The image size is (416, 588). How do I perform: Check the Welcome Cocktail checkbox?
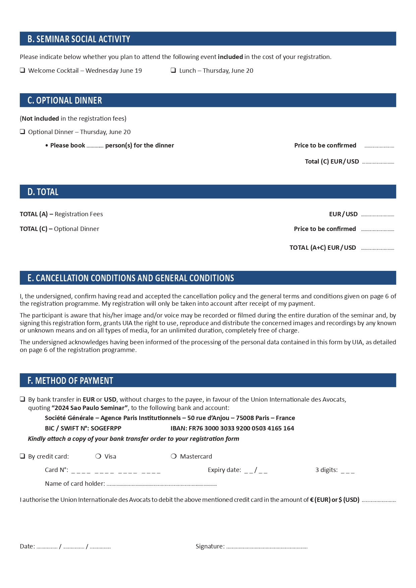click(x=22, y=70)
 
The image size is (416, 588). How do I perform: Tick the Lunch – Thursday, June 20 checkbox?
click(x=173, y=70)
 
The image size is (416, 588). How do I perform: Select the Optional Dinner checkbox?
click(x=22, y=132)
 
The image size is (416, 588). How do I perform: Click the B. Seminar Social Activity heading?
click(x=79, y=39)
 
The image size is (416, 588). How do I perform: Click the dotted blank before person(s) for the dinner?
click(x=95, y=146)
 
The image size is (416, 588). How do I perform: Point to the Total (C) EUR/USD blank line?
click(x=378, y=163)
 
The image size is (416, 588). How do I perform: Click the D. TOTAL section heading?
click(x=43, y=192)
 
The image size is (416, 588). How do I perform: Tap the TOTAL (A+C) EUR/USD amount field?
click(x=377, y=249)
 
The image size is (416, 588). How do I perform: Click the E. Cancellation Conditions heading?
click(x=131, y=278)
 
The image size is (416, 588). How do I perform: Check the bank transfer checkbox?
click(x=22, y=399)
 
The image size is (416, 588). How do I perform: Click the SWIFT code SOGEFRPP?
click(x=106, y=428)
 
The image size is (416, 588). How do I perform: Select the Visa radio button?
click(x=98, y=456)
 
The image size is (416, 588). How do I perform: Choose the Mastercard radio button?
click(x=174, y=456)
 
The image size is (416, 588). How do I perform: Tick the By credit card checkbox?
click(x=22, y=456)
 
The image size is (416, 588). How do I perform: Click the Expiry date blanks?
click(x=256, y=471)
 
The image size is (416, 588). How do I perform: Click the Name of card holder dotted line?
click(x=162, y=485)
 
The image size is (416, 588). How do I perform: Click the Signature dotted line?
click(x=267, y=547)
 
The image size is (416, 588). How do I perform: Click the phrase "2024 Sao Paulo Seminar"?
click(x=90, y=408)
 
